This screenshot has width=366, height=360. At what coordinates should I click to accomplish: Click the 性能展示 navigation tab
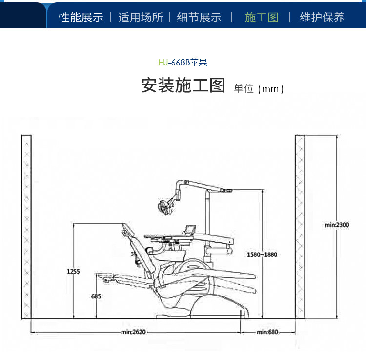81,18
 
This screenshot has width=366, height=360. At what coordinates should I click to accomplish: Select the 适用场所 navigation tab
141,18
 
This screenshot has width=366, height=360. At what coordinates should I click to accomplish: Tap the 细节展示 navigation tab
199,18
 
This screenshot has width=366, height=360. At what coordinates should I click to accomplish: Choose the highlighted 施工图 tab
262,18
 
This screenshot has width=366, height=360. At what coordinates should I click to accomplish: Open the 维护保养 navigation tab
322,18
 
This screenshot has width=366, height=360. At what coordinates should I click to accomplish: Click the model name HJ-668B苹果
183,63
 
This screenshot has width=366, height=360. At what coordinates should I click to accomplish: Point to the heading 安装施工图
183,85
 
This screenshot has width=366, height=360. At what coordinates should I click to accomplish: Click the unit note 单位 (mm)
259,88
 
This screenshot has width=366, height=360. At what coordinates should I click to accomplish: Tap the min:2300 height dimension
337,225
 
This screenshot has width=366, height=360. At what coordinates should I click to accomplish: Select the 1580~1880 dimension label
263,254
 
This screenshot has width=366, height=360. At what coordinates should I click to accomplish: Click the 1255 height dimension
74,271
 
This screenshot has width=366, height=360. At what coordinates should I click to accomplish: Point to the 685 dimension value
96,296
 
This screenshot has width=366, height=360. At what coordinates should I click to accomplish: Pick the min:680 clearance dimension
267,332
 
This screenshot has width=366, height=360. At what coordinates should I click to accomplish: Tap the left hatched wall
26,227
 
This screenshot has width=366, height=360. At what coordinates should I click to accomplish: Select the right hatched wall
300,227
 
